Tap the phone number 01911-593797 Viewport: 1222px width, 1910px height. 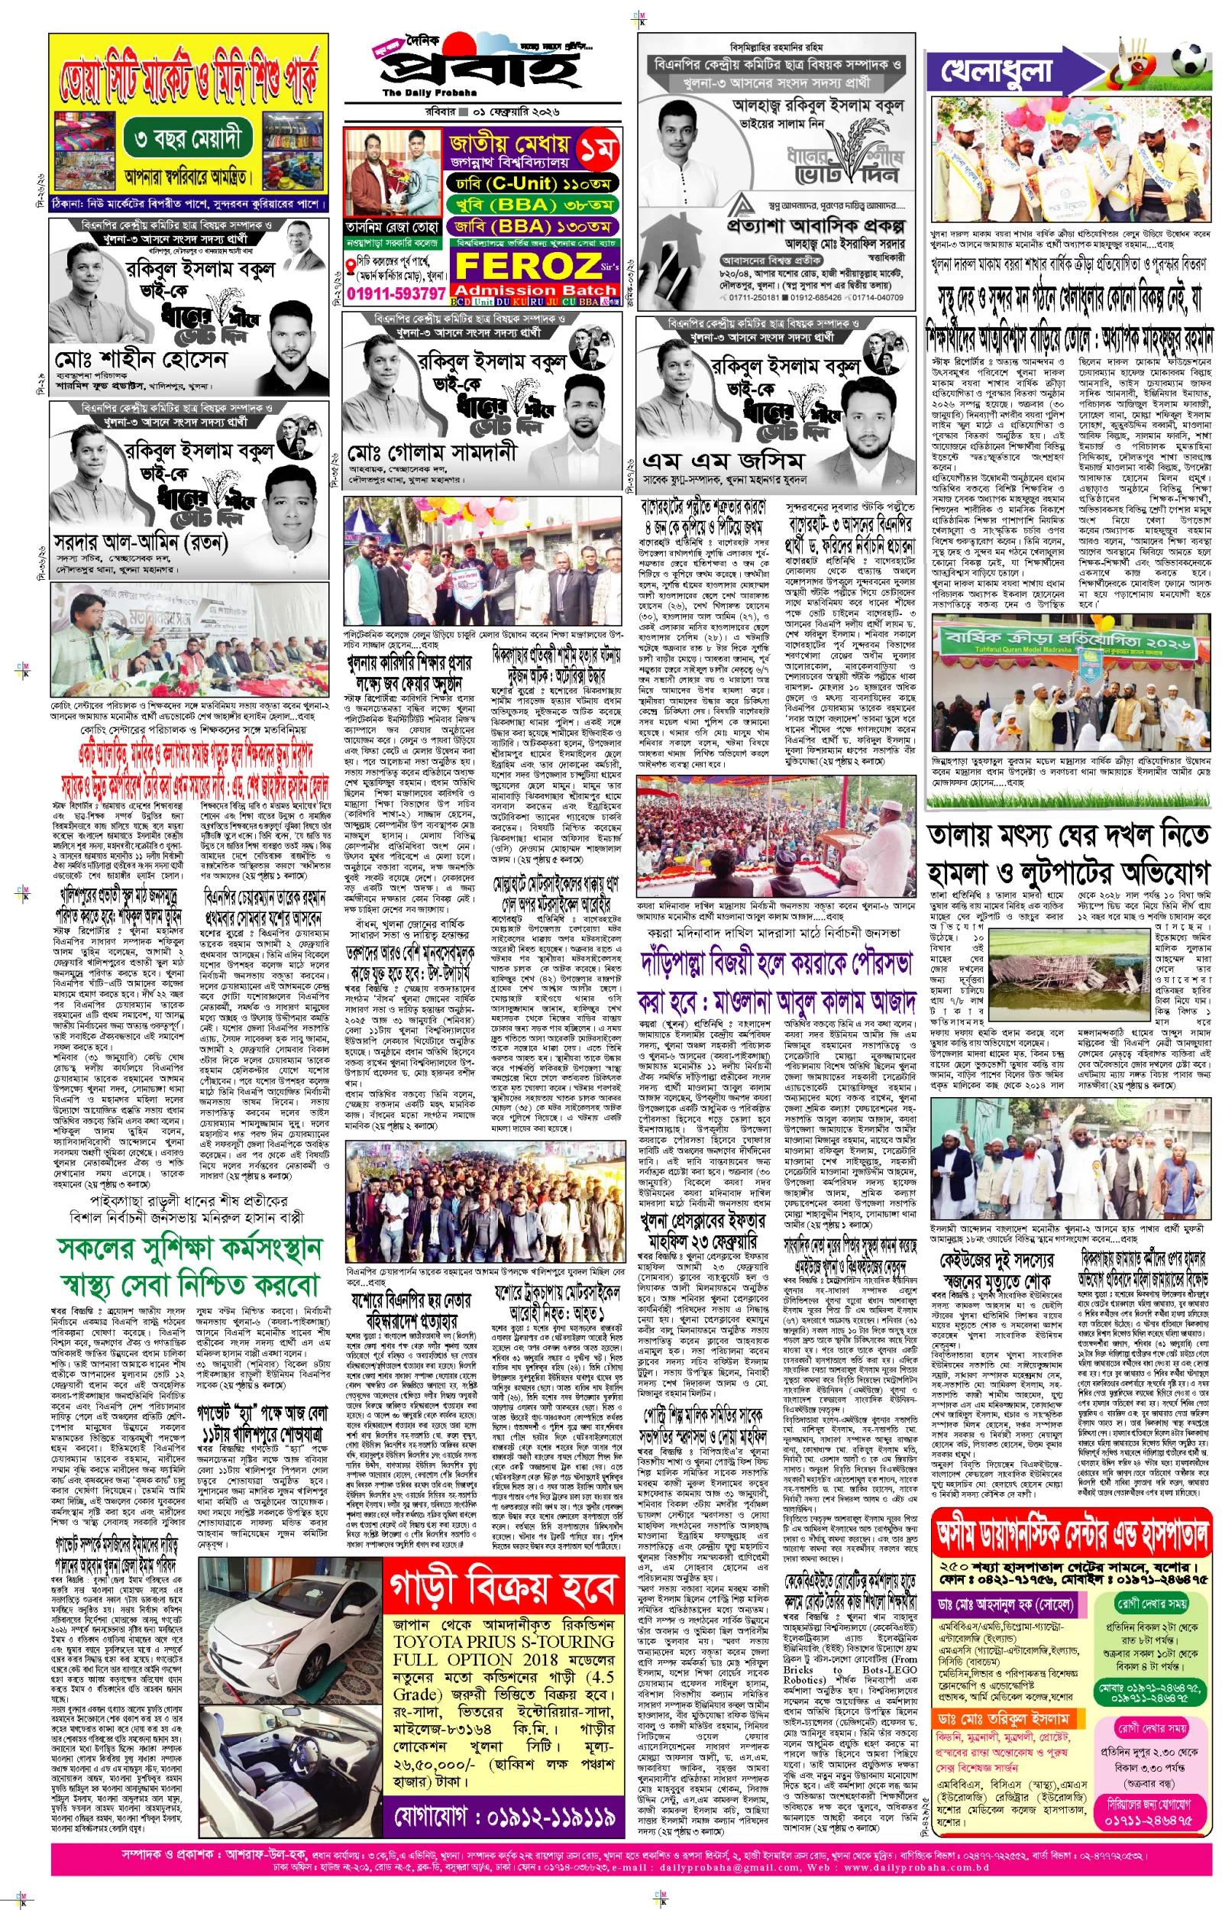coord(396,293)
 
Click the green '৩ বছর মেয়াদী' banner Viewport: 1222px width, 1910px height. coord(187,141)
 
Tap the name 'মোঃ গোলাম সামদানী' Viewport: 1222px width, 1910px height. coord(432,453)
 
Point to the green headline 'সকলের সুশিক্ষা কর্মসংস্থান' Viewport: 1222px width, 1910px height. coord(189,1249)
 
